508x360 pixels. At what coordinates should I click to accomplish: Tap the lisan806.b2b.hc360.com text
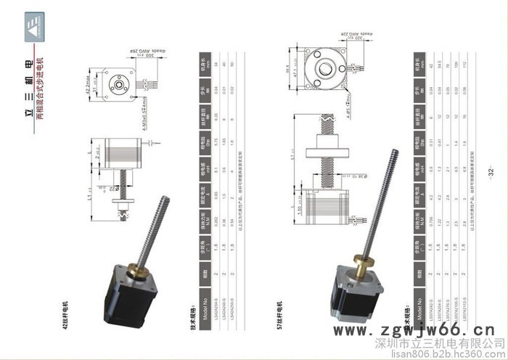[x=449, y=353]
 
